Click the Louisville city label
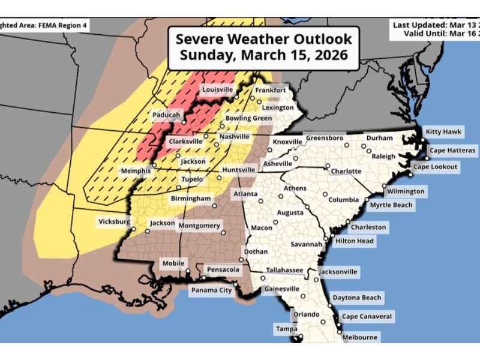click(x=217, y=90)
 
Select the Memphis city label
click(x=136, y=171)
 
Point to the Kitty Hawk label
click(x=442, y=131)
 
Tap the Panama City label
click(x=211, y=290)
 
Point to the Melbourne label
click(x=359, y=338)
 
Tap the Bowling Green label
click(x=248, y=119)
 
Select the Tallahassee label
click(x=285, y=271)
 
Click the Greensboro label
click(x=325, y=138)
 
